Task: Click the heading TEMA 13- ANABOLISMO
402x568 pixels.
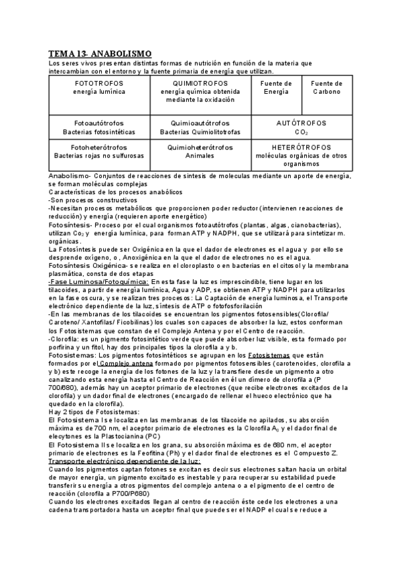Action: pyautogui.click(x=100, y=53)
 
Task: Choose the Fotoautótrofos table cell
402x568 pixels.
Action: pyautogui.click(x=98, y=128)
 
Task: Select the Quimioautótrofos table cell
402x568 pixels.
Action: pyautogui.click(x=198, y=128)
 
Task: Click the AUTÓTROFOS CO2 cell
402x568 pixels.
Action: pyautogui.click(x=301, y=128)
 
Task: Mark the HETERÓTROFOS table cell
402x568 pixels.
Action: pyautogui.click(x=301, y=155)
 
